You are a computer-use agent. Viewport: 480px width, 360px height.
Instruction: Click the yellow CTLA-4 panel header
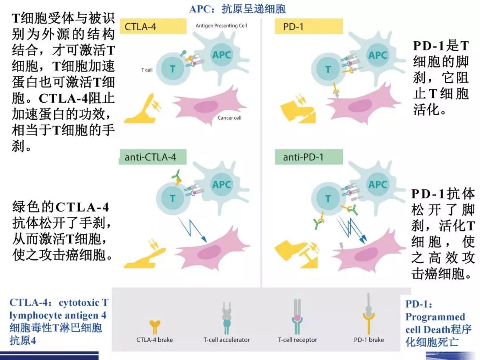coord(152,27)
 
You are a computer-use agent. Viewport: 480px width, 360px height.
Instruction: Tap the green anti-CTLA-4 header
coord(153,157)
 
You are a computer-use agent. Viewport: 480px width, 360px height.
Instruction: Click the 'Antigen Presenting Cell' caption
coord(221,26)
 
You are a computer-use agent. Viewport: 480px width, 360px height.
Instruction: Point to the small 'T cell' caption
coord(147,70)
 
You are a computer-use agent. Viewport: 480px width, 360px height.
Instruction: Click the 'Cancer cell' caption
coord(229,118)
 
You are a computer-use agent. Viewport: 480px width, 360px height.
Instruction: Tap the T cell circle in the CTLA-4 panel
coord(172,68)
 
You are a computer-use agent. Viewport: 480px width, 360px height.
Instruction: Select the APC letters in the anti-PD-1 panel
coord(378,184)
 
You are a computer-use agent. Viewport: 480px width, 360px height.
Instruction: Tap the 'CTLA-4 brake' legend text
coord(154,340)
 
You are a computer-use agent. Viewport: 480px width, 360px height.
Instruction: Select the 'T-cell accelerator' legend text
coord(227,340)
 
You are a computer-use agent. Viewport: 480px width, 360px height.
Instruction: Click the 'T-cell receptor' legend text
coord(297,340)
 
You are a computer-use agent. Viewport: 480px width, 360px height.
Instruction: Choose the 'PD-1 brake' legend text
coord(369,340)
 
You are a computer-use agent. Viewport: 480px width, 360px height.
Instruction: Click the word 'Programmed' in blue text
coord(435,317)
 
